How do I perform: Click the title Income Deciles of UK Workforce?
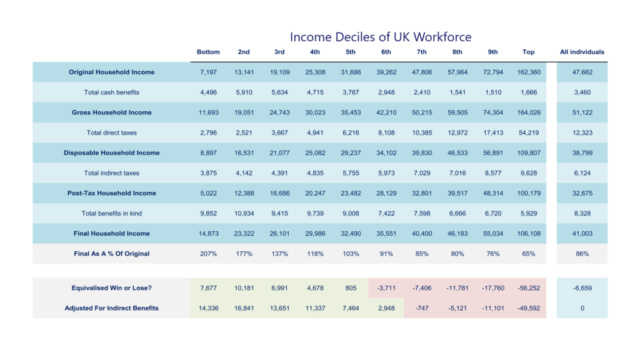pos(381,37)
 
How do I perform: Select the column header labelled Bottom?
pos(208,52)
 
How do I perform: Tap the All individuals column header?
pos(582,52)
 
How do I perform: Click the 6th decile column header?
pos(386,52)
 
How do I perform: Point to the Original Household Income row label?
pos(111,72)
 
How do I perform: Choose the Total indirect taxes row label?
pos(111,173)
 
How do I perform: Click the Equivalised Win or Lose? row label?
pos(111,288)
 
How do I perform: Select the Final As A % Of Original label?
pos(111,254)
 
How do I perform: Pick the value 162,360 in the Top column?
pos(529,72)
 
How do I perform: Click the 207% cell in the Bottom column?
pos(208,254)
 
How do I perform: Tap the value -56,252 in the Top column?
pos(529,288)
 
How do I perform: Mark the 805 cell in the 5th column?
pos(351,288)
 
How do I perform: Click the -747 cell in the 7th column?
pos(422,308)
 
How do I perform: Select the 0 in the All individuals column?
pos(582,308)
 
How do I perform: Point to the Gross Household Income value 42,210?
pos(386,112)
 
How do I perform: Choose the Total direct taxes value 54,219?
pos(529,132)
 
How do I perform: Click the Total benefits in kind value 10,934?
pos(244,214)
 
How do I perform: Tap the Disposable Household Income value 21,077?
pos(279,153)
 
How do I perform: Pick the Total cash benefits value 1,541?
pos(457,92)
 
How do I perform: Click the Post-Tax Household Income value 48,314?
pos(493,194)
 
